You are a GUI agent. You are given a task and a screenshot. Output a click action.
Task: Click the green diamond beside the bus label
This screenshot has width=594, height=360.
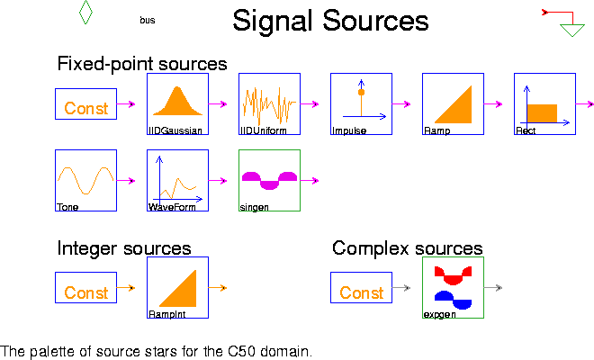(85, 12)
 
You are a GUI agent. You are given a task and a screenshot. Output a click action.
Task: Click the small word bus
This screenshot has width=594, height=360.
(147, 20)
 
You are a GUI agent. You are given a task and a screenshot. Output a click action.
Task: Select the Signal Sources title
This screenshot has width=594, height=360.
(330, 21)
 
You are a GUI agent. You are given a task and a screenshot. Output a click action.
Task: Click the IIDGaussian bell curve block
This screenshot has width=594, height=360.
(177, 103)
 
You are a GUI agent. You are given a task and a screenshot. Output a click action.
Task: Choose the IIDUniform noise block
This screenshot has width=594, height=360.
(269, 103)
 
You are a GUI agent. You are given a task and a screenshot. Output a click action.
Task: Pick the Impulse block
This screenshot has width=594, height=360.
(361, 103)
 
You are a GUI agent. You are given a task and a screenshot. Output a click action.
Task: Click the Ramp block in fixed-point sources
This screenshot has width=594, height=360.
(453, 103)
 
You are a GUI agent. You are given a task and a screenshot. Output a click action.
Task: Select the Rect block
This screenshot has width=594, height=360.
(544, 103)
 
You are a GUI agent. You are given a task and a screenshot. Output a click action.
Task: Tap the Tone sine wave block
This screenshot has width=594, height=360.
(85, 180)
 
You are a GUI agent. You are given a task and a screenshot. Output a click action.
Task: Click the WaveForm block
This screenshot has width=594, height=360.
(177, 180)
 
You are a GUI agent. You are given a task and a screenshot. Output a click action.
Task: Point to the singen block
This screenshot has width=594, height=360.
(269, 180)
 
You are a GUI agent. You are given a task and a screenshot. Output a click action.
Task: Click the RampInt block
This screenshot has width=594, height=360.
(177, 288)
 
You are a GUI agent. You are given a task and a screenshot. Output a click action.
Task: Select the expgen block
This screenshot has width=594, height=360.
(453, 288)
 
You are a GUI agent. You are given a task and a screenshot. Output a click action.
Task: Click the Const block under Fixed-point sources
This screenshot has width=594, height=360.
(85, 108)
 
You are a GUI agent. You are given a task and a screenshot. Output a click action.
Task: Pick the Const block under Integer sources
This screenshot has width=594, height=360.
(85, 292)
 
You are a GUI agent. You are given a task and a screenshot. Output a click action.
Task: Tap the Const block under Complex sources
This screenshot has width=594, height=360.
(361, 292)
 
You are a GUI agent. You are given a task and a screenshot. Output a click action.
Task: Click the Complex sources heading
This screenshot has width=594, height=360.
(407, 248)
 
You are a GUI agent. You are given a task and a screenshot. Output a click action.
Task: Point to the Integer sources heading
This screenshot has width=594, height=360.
(123, 248)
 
